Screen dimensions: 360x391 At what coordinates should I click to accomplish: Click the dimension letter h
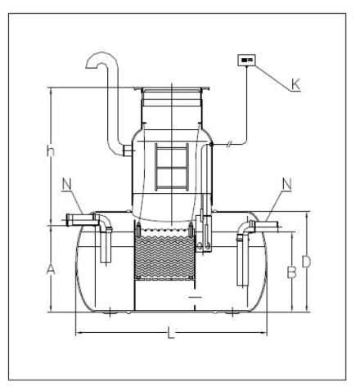[50, 151]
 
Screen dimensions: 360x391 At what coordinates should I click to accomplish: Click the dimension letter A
[51, 269]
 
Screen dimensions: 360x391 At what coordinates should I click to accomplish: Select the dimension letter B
[292, 272]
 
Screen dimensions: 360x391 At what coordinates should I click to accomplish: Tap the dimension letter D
[306, 262]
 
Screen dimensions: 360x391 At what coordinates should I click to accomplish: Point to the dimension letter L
[171, 333]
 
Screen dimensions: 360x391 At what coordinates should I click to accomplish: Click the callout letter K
[295, 84]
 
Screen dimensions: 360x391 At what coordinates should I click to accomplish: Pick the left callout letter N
[67, 184]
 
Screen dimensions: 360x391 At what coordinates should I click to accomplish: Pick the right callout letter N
[286, 184]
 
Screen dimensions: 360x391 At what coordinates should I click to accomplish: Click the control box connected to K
[247, 60]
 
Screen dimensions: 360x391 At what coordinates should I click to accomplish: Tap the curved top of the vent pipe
[102, 56]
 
